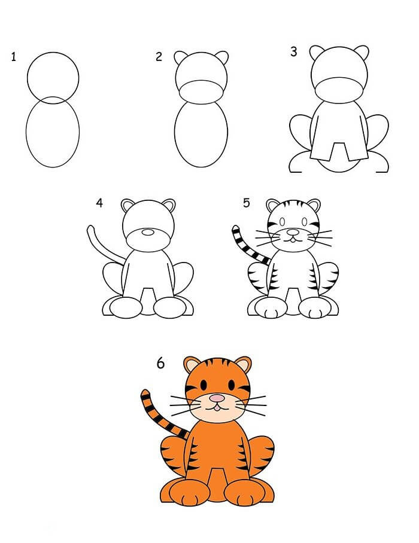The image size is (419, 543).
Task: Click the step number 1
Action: pyautogui.click(x=13, y=57)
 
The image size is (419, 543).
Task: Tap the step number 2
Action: pyautogui.click(x=159, y=57)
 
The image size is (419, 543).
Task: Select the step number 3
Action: pyautogui.click(x=293, y=52)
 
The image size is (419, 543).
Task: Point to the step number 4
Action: pyautogui.click(x=99, y=203)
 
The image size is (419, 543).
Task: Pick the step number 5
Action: pyautogui.click(x=246, y=203)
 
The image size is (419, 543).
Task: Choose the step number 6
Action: pyautogui.click(x=160, y=363)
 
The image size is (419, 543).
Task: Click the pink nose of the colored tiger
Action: pyautogui.click(x=217, y=398)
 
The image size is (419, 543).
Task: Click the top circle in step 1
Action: pyautogui.click(x=53, y=77)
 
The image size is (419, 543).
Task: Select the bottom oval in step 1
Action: pyautogui.click(x=53, y=133)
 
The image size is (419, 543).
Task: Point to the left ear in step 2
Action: pyautogui.click(x=181, y=57)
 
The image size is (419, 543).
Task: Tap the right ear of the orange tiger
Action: pyautogui.click(x=242, y=365)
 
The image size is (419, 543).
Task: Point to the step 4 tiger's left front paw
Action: pyautogui.click(x=125, y=307)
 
